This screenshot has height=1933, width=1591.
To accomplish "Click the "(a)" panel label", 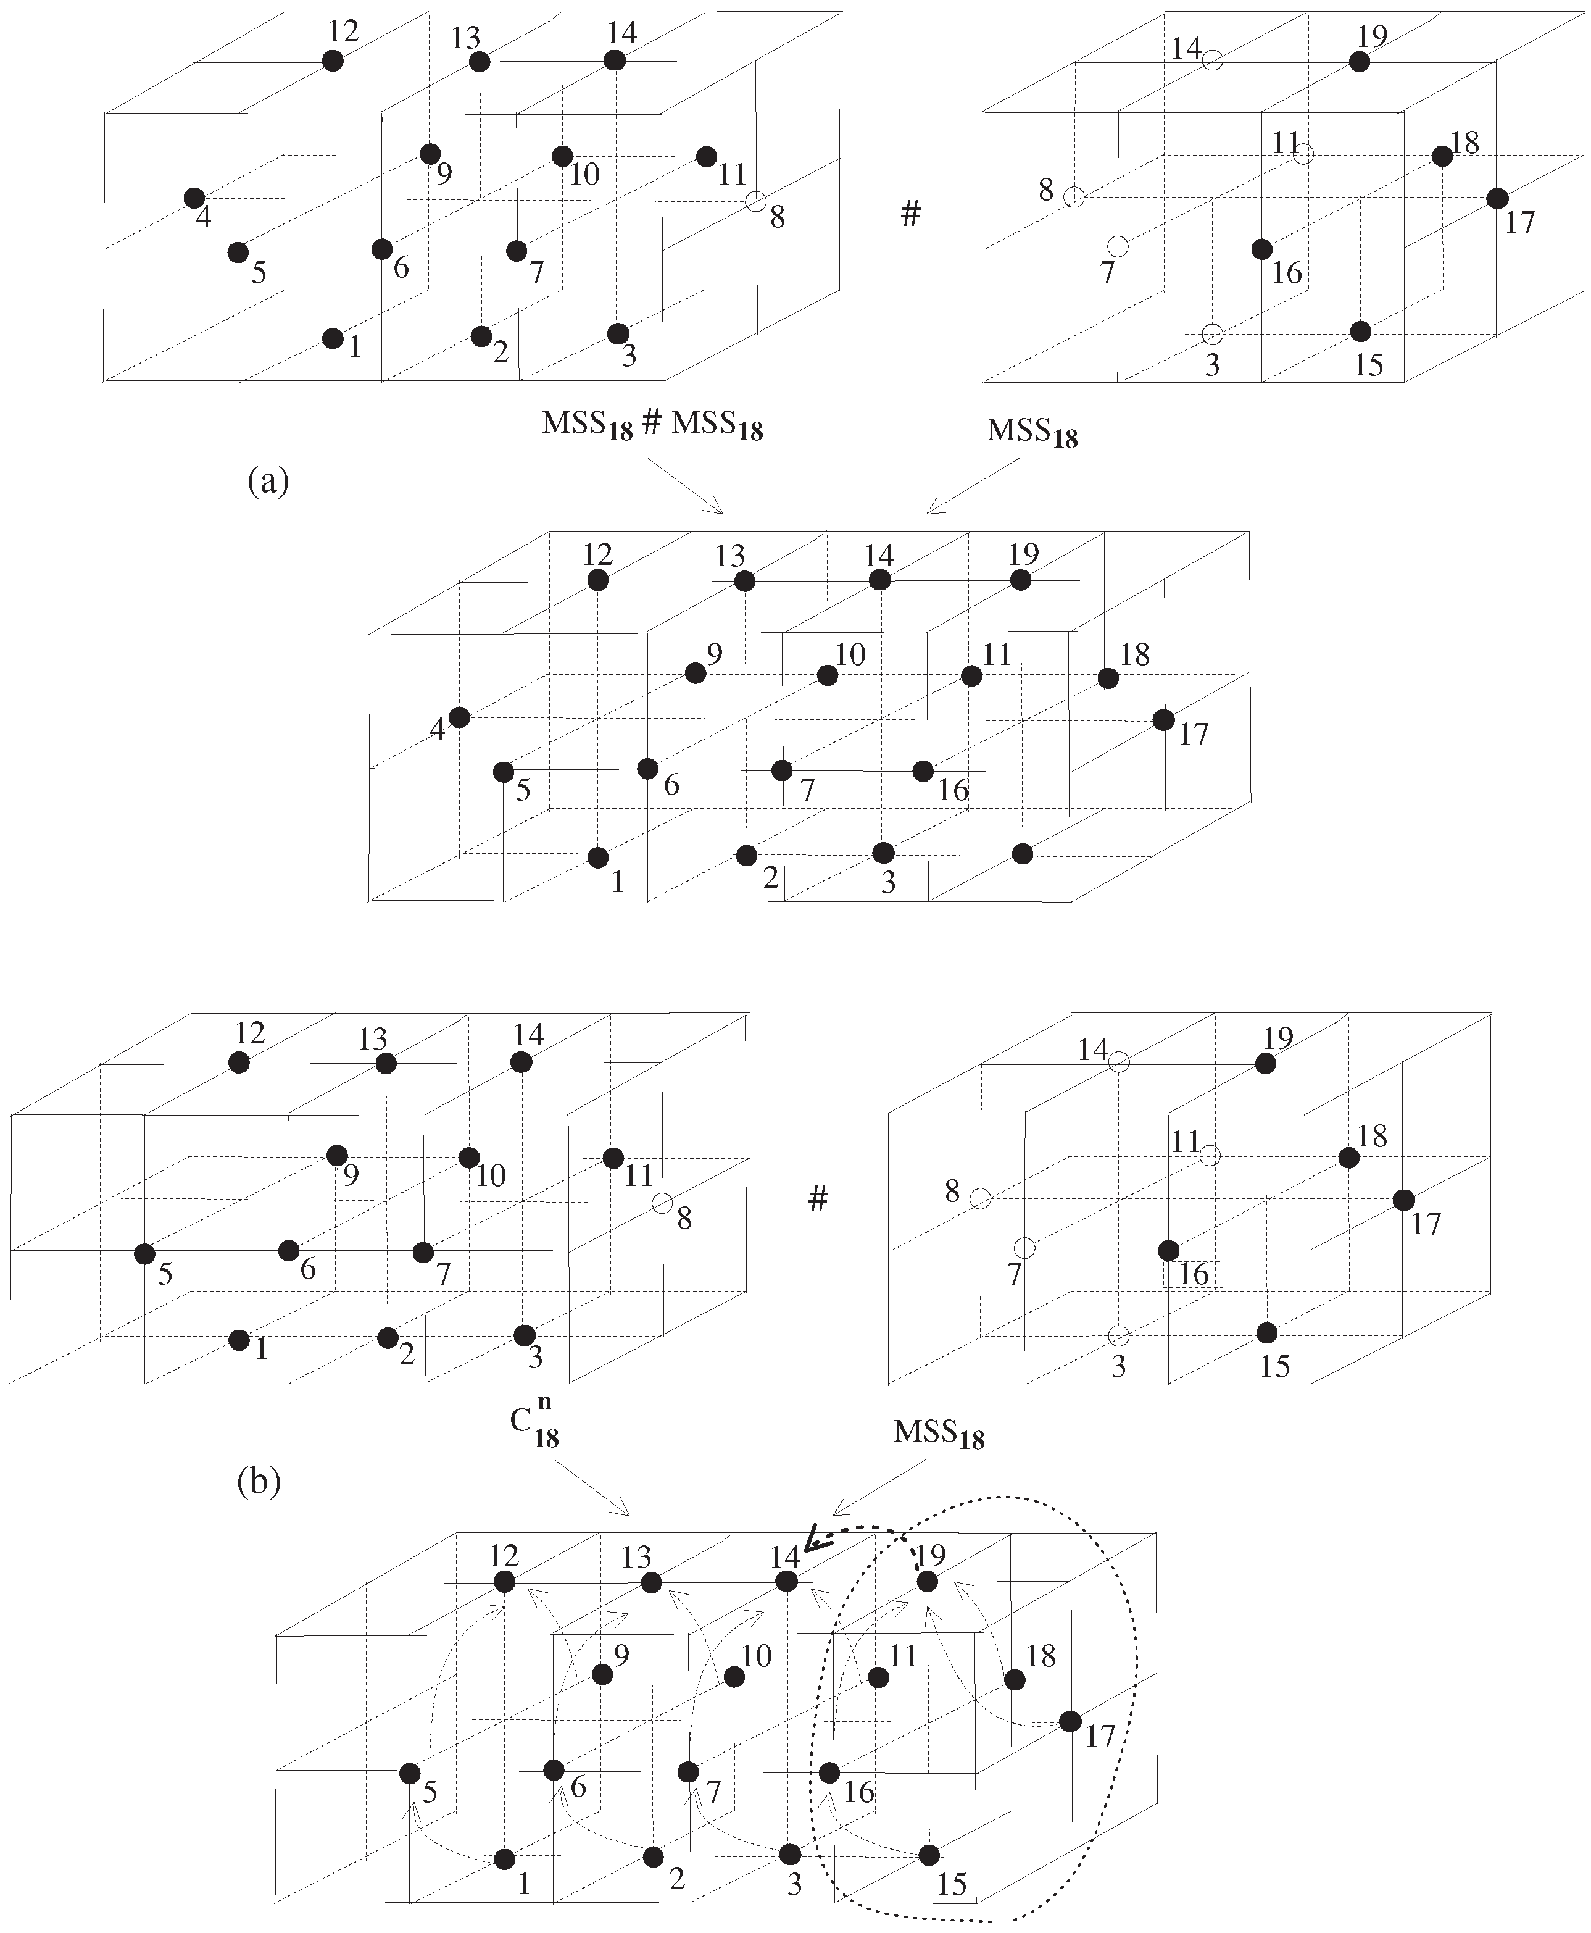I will click(x=268, y=480).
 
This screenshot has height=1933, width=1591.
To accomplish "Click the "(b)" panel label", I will click(x=259, y=1481).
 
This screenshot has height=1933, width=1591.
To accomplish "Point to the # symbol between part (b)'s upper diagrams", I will click(x=818, y=1198).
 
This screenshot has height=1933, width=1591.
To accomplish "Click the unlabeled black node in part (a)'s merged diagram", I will click(x=1023, y=854).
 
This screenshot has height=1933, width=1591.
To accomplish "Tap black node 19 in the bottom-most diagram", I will click(x=928, y=1582).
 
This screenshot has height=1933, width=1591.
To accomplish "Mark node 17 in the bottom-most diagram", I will click(x=1069, y=1721).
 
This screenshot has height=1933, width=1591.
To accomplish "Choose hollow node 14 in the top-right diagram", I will click(x=1213, y=62).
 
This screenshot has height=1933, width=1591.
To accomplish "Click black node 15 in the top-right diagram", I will click(x=1361, y=331).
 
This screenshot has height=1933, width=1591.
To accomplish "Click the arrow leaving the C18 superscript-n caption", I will click(x=592, y=1487).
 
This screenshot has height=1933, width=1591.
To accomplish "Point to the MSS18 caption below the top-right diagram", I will click(x=1032, y=432).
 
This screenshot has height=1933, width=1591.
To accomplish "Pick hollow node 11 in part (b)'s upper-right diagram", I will click(x=1210, y=1155).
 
